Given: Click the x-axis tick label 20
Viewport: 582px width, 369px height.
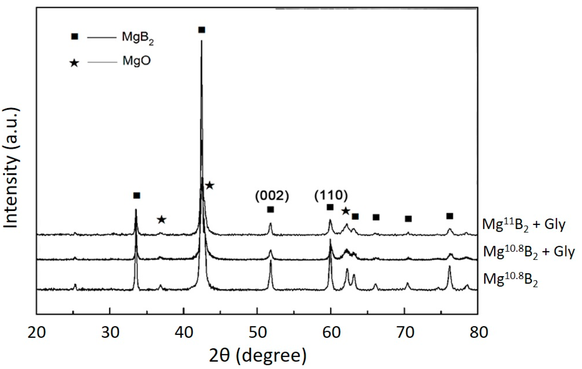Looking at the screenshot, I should click(37, 332).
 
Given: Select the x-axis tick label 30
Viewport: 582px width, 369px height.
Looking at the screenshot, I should click(110, 332).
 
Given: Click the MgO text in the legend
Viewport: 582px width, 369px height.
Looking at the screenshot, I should click(137, 61).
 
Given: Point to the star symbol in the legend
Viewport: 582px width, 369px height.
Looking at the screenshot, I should click(74, 63).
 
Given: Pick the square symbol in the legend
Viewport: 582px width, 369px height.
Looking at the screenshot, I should click(75, 37).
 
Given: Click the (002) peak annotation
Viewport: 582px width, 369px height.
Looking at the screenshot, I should click(272, 196).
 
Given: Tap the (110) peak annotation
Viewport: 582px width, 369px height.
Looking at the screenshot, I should click(331, 196).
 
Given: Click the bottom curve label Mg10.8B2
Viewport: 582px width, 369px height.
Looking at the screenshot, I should click(511, 280).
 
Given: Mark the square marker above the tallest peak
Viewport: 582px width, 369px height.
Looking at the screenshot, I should click(202, 30).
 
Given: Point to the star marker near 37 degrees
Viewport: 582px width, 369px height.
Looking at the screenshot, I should click(161, 220).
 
